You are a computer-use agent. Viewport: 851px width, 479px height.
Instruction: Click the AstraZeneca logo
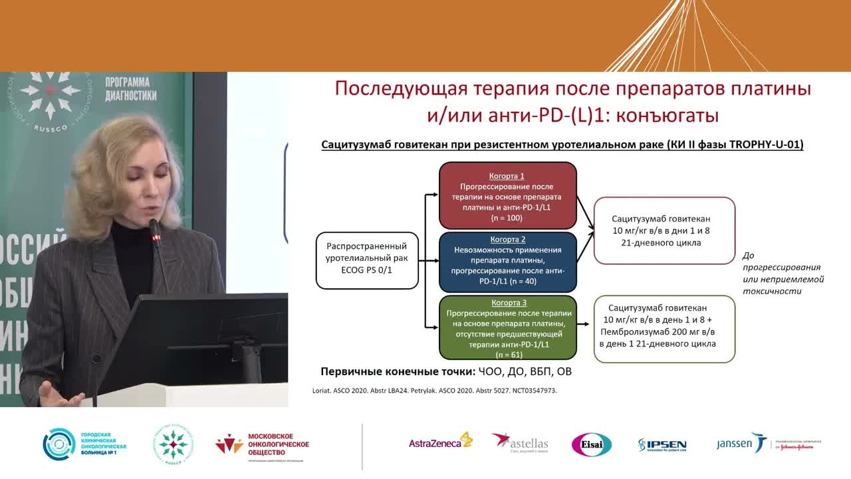pos(440,443)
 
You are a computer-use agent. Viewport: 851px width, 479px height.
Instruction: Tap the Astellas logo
pos(520,443)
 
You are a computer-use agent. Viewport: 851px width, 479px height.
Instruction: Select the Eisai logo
pos(591,444)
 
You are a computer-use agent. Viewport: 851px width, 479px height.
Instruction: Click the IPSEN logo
pos(662,444)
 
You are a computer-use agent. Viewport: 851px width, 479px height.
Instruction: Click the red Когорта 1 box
pos(507,197)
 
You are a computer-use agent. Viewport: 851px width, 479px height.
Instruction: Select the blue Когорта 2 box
pos(507,261)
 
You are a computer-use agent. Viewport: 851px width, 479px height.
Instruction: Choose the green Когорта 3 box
pos(507,329)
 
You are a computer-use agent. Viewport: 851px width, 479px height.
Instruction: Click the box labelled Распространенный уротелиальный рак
pos(367,261)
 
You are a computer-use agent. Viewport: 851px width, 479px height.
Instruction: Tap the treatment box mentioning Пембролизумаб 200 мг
pos(664,329)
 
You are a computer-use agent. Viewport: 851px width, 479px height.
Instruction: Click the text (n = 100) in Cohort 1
pos(507,218)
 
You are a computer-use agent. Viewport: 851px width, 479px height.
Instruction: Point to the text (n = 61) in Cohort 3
pos(507,355)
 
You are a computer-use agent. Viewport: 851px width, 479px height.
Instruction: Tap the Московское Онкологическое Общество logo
pos(262,444)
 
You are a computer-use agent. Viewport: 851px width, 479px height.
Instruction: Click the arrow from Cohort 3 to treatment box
pos(584,324)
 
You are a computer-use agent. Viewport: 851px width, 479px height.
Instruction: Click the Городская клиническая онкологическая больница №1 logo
pos(84,444)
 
